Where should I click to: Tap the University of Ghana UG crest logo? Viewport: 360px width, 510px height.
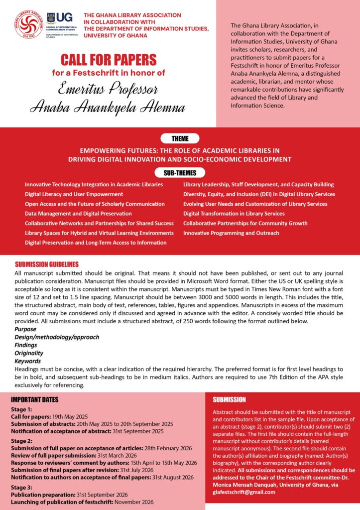(x=51, y=18)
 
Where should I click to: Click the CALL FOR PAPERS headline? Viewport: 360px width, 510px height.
(x=109, y=60)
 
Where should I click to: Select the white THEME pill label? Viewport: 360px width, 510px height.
(x=180, y=138)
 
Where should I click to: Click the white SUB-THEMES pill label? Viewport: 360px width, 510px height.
(x=180, y=173)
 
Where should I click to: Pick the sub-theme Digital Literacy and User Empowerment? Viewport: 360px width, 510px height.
(x=74, y=194)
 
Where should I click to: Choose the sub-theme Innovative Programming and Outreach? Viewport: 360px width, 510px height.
(x=231, y=233)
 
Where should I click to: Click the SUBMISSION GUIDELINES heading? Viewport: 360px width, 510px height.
(x=47, y=264)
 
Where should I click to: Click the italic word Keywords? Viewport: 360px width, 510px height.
(x=27, y=361)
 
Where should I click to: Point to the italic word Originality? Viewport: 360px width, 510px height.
(x=29, y=353)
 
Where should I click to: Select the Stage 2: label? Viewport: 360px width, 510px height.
(x=22, y=441)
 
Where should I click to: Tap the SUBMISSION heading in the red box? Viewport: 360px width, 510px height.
(x=229, y=399)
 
